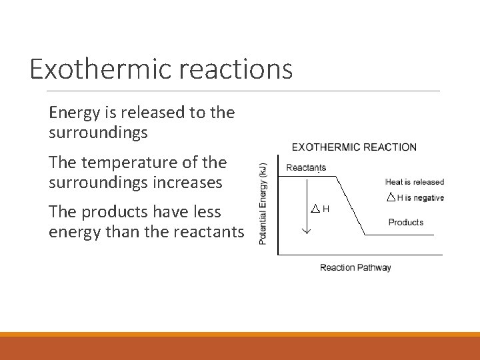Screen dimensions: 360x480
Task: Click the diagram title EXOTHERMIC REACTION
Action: click(354, 147)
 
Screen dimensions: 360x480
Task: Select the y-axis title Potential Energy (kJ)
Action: click(263, 203)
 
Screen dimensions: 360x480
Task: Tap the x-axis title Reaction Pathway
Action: click(355, 267)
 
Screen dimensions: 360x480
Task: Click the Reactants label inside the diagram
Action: click(305, 167)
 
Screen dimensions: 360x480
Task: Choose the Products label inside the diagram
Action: click(405, 222)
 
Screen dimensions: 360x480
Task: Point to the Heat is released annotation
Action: click(414, 181)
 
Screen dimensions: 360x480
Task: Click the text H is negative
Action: click(420, 197)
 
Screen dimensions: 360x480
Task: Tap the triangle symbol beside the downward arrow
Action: click(316, 209)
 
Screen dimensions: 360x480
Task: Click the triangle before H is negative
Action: click(391, 197)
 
